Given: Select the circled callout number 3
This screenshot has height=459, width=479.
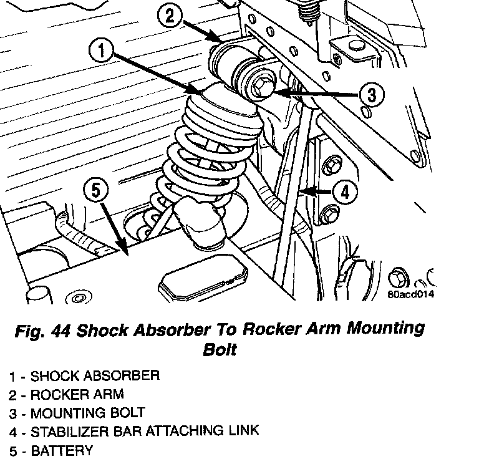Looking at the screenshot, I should [x=371, y=95].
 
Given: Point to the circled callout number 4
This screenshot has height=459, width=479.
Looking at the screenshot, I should [x=345, y=192].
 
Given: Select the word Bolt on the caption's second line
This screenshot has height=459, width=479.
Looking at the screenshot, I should [x=220, y=349].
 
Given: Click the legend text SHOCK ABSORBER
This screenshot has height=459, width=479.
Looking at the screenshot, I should [x=95, y=376].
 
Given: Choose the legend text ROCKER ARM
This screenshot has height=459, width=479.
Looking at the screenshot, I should [x=77, y=394].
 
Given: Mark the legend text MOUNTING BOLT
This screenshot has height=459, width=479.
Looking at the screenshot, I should [x=87, y=413].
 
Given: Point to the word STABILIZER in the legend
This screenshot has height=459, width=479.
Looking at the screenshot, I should [x=69, y=431].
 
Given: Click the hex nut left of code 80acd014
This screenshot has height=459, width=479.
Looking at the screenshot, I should [x=396, y=276].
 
